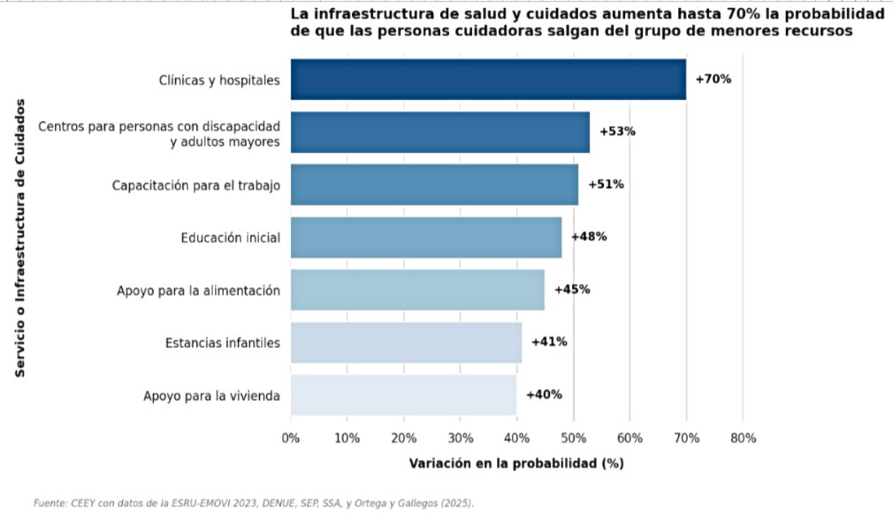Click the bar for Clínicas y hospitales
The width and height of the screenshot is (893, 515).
coord(488,80)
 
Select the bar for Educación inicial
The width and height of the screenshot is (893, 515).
coord(426,238)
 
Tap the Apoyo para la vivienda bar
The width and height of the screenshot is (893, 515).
coord(404,395)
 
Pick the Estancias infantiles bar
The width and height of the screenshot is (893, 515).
coord(406,343)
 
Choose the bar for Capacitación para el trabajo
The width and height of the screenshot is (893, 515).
coord(434,185)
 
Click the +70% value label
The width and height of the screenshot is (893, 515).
coord(713,80)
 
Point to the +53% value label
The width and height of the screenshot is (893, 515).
coord(617,132)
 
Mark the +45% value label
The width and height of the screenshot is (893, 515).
coord(572,290)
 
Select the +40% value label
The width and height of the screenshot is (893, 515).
coord(544,394)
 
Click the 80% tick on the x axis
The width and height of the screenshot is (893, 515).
coord(744,438)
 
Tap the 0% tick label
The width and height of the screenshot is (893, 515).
coord(291,438)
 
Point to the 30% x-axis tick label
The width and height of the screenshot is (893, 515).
coord(460,438)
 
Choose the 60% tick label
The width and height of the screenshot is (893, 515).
coord(630,438)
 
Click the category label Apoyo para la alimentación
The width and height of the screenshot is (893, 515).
coord(198,291)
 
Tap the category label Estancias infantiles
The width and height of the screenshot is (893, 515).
coord(223,343)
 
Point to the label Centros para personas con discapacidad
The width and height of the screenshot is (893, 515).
coord(159,125)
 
